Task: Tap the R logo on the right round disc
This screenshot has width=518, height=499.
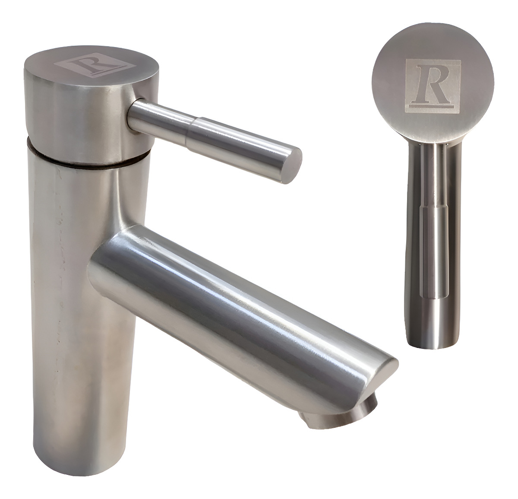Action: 433,86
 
